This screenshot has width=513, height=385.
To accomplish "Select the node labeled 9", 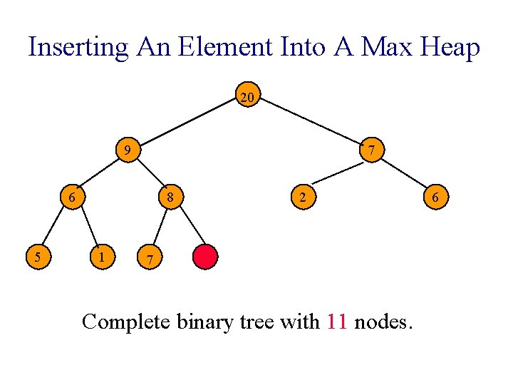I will tap(126, 150).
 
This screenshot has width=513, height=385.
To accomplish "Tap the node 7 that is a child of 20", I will tap(371, 150).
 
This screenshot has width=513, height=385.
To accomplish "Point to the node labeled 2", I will tap(302, 197).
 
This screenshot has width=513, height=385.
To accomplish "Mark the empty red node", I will tap(205, 257).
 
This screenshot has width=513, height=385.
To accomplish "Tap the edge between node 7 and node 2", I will tap(338, 173).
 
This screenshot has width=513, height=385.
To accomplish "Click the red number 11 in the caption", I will tap(337, 322).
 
